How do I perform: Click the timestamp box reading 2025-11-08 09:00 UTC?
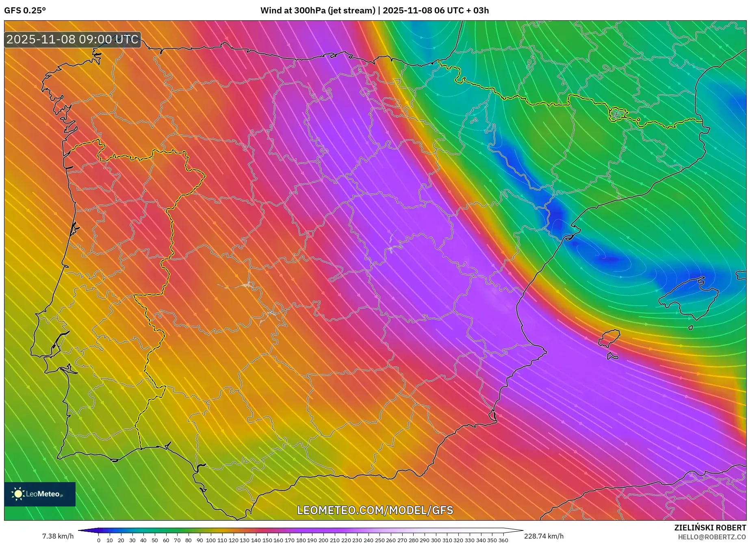pyautogui.click(x=72, y=39)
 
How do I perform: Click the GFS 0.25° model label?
pyautogui.click(x=25, y=11)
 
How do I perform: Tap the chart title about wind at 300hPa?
pyautogui.click(x=374, y=11)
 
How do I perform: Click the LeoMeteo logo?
pyautogui.click(x=40, y=494)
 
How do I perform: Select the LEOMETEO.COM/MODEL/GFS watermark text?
pyautogui.click(x=375, y=510)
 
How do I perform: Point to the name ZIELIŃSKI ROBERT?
pyautogui.click(x=710, y=528)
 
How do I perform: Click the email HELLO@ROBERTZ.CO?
pyautogui.click(x=711, y=537)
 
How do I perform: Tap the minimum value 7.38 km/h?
pyautogui.click(x=58, y=536)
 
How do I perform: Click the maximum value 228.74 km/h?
pyautogui.click(x=544, y=536)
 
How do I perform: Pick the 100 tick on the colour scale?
pyautogui.click(x=210, y=540)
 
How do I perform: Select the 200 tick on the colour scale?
pyautogui.click(x=323, y=540)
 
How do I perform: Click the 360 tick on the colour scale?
pyautogui.click(x=503, y=540)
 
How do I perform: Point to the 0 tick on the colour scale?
pyautogui.click(x=99, y=540)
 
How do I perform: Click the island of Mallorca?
pyautogui.click(x=689, y=298)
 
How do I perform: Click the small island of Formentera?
pyautogui.click(x=613, y=356)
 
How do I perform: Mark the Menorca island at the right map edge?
pyautogui.click(x=742, y=275)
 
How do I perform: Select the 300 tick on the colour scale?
pyautogui.click(x=436, y=540)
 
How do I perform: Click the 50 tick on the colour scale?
pyautogui.click(x=154, y=540)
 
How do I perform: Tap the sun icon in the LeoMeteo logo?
pyautogui.click(x=18, y=494)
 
